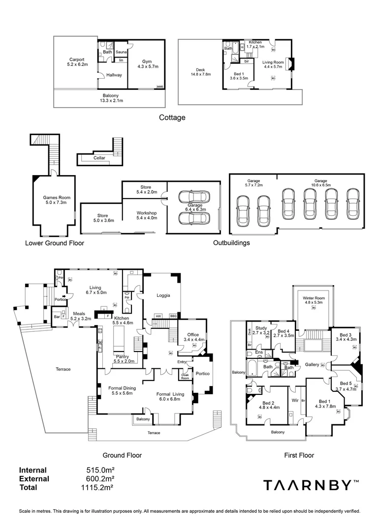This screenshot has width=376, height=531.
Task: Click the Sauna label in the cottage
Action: point(121,52)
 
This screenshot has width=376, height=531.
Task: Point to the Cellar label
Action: point(99,158)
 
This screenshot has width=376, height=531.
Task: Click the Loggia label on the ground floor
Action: point(163,295)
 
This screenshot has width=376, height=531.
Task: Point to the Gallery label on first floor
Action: point(312,365)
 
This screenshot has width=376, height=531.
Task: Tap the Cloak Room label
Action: point(185,376)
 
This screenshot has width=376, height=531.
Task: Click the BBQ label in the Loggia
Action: point(173,316)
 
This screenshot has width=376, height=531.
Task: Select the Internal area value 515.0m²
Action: point(100,470)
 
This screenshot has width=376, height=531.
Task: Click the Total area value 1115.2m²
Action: point(98,487)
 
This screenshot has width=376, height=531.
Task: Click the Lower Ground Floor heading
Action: point(55,243)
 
